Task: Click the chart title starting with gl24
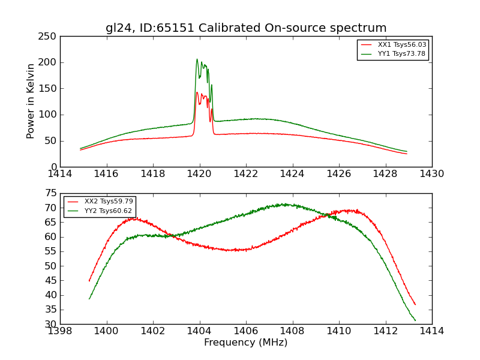coord(246,28)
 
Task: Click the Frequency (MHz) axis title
coord(245,343)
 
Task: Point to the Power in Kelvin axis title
coord(31,101)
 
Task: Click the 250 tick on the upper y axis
coord(48,37)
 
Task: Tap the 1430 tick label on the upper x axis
coord(431,174)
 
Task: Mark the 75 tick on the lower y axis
coord(51,194)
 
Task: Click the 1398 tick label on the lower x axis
coord(60,331)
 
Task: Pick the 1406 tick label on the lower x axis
coord(246,331)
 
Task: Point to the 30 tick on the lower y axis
coord(51,324)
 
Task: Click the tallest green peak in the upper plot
coord(197,59)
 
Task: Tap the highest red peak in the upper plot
coord(197,92)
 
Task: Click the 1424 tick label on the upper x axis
coord(292,174)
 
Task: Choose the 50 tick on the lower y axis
coord(51,266)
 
